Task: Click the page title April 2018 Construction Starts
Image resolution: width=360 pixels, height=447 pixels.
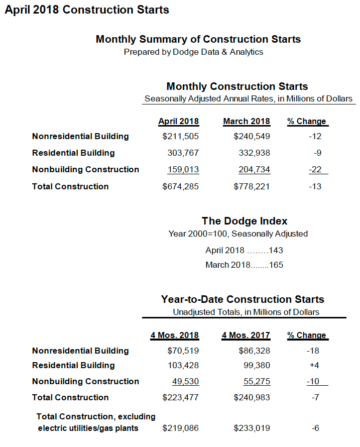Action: point(87,10)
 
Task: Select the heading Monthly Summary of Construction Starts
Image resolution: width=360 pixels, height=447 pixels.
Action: point(198,39)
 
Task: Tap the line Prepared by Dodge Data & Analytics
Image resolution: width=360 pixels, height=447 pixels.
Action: point(193,52)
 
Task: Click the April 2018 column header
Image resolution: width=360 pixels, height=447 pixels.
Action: point(179,122)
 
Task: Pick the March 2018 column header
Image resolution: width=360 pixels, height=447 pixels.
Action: point(247,122)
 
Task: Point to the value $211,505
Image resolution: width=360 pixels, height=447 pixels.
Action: point(181,137)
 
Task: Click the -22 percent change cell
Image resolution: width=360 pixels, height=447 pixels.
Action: point(315,170)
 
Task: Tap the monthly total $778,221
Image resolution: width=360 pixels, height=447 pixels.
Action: point(252,187)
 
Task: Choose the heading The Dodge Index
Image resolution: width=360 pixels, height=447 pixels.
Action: point(245,221)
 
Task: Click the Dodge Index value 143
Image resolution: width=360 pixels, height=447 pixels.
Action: point(276,250)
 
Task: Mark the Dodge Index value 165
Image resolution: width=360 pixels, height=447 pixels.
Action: point(276,265)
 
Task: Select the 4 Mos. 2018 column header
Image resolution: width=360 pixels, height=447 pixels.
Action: point(175,336)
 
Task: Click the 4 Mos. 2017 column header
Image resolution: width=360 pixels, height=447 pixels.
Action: point(246,336)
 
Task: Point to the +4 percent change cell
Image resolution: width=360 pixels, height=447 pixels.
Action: point(315,366)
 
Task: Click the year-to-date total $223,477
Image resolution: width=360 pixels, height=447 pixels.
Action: point(181,398)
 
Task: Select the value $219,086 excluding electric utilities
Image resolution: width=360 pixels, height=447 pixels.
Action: point(181,428)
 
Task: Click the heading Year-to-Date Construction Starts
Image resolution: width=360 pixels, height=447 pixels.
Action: point(243,299)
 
